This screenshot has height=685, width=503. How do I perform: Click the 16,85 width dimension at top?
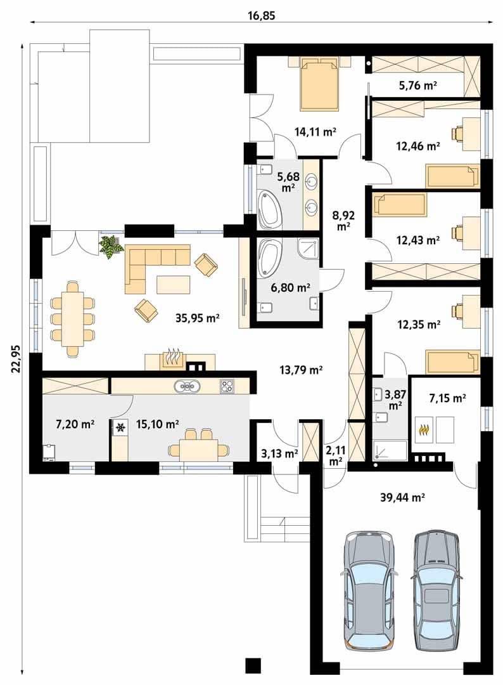coord(261,16)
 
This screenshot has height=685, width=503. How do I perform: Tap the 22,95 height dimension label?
coord(16,358)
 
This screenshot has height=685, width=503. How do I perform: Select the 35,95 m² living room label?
coord(197,318)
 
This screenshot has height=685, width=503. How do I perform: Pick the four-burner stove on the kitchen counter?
coord(227,386)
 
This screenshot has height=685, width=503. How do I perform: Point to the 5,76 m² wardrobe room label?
coord(418,85)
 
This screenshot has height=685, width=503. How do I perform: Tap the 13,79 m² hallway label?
coord(301,370)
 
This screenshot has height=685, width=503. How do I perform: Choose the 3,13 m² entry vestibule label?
coord(279,453)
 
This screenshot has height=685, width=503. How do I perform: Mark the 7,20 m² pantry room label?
coord(75,423)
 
